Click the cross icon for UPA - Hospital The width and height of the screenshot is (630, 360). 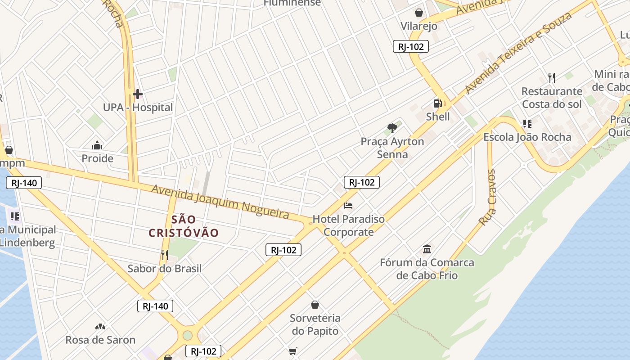pyautogui.click(x=138, y=94)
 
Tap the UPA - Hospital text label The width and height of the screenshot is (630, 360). pyautogui.click(x=138, y=108)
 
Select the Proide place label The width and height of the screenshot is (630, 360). pyautogui.click(x=97, y=158)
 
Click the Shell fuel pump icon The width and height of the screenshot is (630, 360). pyautogui.click(x=437, y=103)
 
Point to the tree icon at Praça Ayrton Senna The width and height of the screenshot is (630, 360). pyautogui.click(x=392, y=128)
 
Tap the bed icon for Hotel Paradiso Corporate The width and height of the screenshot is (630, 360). pyautogui.click(x=348, y=206)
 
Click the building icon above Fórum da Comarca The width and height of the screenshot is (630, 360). pyautogui.click(x=427, y=249)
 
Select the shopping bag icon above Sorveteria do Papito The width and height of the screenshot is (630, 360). pyautogui.click(x=315, y=305)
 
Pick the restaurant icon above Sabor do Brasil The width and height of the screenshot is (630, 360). pyautogui.click(x=164, y=255)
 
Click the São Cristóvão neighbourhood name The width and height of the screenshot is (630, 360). pyautogui.click(x=184, y=226)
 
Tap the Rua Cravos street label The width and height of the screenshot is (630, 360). pyautogui.click(x=487, y=198)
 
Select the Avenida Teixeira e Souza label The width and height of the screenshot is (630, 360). pyautogui.click(x=518, y=53)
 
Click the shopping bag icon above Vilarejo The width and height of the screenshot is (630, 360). pyautogui.click(x=419, y=13)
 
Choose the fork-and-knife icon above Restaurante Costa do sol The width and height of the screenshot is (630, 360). pyautogui.click(x=552, y=77)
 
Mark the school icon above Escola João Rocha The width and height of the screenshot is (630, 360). pyautogui.click(x=527, y=124)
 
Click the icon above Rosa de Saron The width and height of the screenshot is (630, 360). pyautogui.click(x=100, y=326)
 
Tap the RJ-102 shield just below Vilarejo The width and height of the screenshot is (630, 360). pyautogui.click(x=411, y=46)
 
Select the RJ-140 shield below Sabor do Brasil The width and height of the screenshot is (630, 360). pyautogui.click(x=155, y=306)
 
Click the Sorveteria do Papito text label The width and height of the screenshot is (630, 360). pyautogui.click(x=315, y=324)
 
